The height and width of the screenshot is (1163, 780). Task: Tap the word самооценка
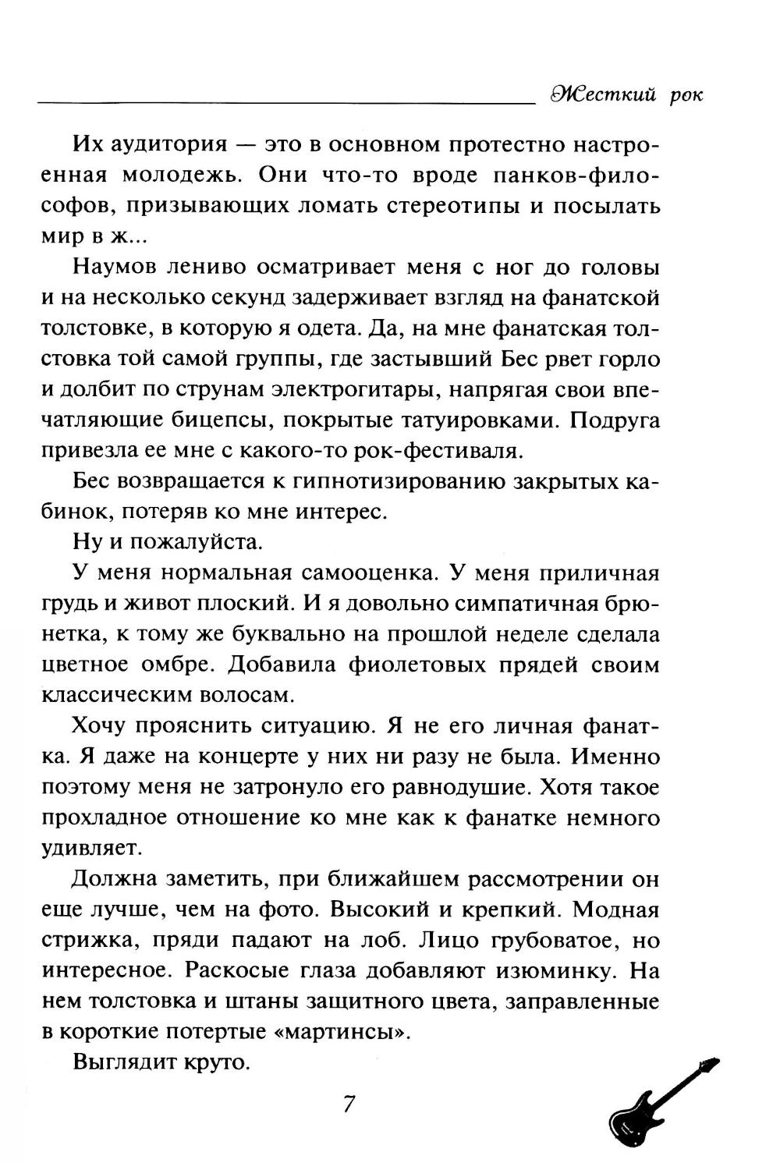tap(360, 573)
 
